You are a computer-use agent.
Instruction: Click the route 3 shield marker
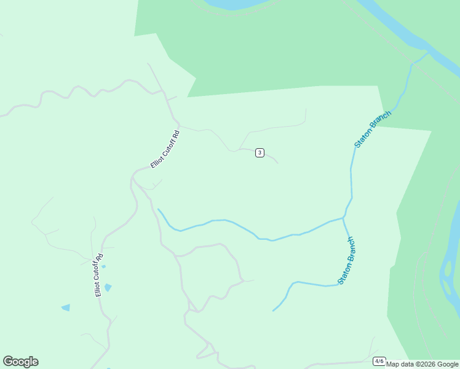(260, 153)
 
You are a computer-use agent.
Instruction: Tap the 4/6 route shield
(379, 361)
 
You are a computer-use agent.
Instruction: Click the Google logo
(20, 362)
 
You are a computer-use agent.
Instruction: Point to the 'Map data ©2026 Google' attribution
(422, 364)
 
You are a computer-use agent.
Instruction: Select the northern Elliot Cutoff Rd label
(165, 149)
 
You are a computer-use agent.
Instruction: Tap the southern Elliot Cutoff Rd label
(98, 275)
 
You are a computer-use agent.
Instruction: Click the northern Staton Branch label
(373, 129)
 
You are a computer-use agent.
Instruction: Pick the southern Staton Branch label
(346, 261)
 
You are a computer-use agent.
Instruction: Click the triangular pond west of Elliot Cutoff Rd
(66, 307)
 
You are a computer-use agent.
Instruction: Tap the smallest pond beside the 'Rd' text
(103, 266)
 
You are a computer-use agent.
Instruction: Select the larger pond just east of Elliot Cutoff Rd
(108, 287)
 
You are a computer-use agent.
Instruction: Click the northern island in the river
(448, 269)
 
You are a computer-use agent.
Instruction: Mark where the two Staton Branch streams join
(343, 218)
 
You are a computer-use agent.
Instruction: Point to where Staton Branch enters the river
(427, 53)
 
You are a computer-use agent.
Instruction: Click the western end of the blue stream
(159, 210)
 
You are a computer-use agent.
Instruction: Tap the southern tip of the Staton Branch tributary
(274, 311)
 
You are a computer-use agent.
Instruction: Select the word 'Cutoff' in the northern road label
(165, 149)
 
